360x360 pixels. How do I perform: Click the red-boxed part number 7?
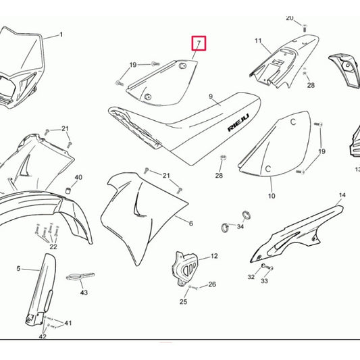point(199,43)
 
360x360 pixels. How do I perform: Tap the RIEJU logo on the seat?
point(238,123)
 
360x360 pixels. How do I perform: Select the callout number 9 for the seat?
point(211,97)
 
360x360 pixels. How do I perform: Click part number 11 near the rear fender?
point(258,41)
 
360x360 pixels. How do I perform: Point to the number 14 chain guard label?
point(342,195)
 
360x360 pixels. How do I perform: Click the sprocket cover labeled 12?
point(184,268)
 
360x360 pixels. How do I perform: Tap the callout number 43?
point(84,292)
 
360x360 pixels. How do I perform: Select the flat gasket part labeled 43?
point(80,276)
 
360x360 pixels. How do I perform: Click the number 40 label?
point(78,177)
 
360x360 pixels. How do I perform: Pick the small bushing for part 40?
point(68,190)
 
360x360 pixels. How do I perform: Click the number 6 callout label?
point(190,223)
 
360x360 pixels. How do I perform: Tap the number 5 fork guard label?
point(18,268)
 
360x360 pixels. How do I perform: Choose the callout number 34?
point(240,227)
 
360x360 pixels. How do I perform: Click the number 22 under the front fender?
point(53,247)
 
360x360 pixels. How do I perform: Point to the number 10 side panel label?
point(272,196)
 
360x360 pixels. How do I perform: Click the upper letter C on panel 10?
point(293,122)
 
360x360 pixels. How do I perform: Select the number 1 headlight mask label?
point(61,34)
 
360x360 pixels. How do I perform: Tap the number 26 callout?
point(212,284)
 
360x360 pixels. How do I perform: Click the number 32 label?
point(251,277)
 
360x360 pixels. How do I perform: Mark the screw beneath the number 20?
point(305,28)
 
